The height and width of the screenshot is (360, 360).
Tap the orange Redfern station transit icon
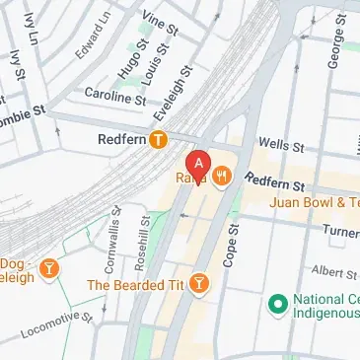click(x=158, y=140)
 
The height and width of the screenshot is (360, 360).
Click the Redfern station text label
click(x=122, y=140)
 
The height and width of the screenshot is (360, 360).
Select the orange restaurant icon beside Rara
click(x=223, y=178)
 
